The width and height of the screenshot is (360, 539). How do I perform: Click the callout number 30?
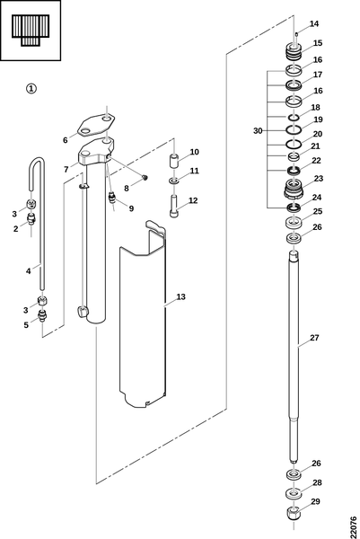(258, 130)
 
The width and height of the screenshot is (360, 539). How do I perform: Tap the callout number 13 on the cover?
(180, 296)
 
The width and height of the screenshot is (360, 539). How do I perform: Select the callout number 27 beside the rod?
(314, 338)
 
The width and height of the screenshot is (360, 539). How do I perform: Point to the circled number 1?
(31, 89)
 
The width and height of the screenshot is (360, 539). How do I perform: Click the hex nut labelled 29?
(294, 514)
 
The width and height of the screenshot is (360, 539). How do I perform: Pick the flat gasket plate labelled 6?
(95, 126)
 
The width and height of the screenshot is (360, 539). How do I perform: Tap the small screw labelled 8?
(145, 177)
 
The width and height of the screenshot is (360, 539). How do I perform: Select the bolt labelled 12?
(174, 206)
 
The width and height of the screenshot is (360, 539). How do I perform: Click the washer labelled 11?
(174, 181)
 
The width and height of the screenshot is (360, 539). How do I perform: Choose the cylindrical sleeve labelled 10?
(174, 161)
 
